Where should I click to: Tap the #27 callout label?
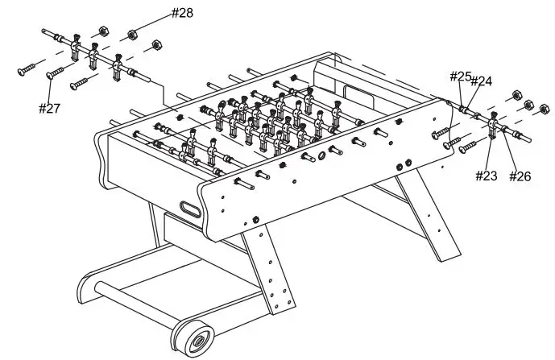[50, 108]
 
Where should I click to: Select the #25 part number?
[460, 77]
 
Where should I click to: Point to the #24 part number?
[481, 81]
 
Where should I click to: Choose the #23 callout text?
[486, 176]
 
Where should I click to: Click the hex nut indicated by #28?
[131, 35]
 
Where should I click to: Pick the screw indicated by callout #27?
[56, 73]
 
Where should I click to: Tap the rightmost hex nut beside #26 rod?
[545, 107]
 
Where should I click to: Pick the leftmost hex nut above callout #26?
[509, 95]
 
